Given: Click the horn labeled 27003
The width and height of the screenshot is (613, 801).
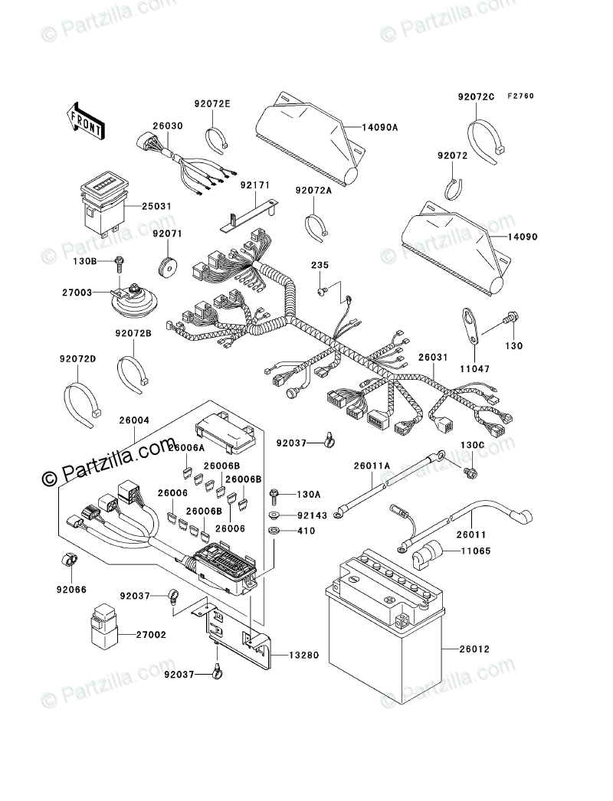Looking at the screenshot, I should [x=132, y=300].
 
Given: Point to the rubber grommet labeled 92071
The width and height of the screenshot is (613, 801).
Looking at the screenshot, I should [x=166, y=267].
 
